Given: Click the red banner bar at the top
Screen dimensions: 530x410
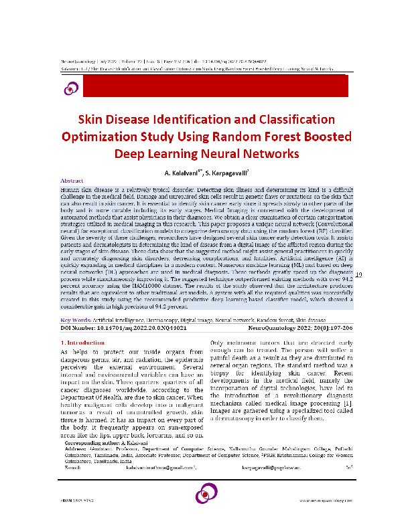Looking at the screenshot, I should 214,86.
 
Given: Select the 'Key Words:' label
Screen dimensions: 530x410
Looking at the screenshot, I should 76,321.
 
